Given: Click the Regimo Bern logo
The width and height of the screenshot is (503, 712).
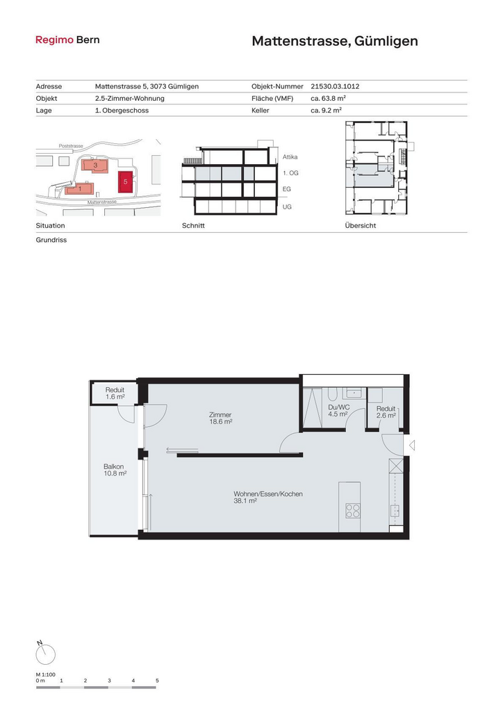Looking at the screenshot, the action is [x=67, y=40].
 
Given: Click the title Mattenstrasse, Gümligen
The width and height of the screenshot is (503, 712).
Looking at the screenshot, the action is [x=335, y=41].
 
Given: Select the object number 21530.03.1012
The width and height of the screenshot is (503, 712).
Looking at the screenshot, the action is [x=335, y=86].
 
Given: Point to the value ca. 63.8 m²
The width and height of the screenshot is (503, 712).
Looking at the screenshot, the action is [x=329, y=98].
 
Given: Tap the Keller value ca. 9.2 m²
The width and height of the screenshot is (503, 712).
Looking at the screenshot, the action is [x=326, y=110].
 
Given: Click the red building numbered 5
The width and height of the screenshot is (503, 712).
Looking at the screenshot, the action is [x=125, y=182].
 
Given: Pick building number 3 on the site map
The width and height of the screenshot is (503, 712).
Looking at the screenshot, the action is [x=94, y=165].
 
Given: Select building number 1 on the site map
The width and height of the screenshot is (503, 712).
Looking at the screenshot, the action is [x=80, y=188].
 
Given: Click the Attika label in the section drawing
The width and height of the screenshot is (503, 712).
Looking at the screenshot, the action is [x=290, y=157].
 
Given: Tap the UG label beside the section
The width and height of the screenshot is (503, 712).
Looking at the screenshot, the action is [x=287, y=207].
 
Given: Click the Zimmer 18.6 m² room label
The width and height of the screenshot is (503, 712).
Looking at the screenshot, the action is [x=220, y=418].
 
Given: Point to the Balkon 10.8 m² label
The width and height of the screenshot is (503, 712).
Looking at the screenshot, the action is [x=115, y=470].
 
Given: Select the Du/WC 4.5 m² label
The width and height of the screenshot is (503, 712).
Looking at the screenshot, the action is [x=338, y=410].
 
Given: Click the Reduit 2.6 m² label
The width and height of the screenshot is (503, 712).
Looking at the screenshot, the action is [x=386, y=412].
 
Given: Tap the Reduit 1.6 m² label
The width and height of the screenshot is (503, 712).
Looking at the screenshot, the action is [x=115, y=394].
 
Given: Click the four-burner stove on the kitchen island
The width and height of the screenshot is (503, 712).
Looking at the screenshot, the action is [x=353, y=511].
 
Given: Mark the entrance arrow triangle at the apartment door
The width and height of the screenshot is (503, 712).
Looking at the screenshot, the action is [x=412, y=446].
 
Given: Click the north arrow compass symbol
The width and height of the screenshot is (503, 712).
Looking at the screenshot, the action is [x=45, y=654].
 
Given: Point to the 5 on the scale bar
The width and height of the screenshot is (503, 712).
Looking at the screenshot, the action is [x=158, y=681].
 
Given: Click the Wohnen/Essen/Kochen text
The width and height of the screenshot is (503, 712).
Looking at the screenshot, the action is [x=268, y=494].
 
